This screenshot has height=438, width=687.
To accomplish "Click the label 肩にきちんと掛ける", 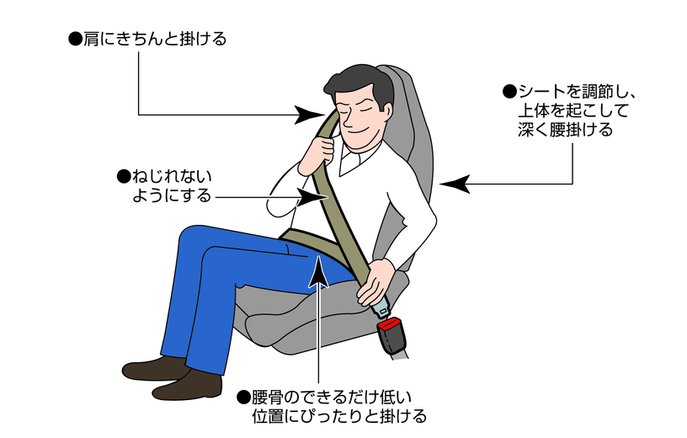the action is point(147,39).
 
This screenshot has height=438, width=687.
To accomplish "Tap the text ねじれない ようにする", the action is point(165,186).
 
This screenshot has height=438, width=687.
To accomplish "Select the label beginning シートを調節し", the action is point(570,110).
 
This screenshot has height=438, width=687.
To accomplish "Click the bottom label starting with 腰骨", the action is point(332,407).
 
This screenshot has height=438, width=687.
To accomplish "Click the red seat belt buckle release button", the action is point(391,325).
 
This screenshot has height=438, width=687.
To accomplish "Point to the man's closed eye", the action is point(349,110).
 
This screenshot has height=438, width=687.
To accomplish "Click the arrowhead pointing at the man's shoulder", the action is point(310,115).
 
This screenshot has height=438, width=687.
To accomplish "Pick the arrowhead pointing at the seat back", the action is point(455,184).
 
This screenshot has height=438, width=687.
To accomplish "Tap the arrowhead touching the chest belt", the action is point(312,197).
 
